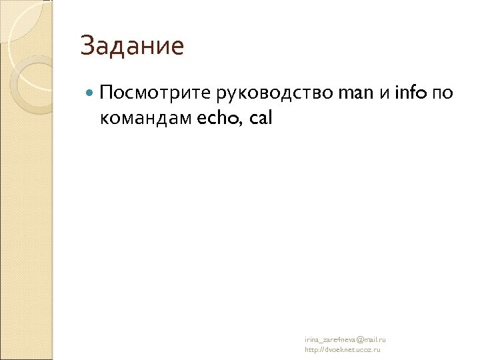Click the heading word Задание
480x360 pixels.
coord(132,47)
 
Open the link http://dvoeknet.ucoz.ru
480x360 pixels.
coord(342,349)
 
